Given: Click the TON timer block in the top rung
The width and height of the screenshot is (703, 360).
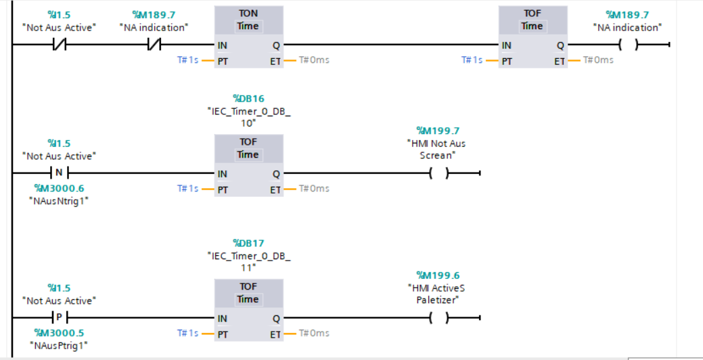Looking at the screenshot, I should tap(248, 37).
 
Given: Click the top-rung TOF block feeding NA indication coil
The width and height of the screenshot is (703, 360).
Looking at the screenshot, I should tap(532, 37).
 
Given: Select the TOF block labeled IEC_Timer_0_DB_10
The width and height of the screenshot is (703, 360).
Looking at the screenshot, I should tap(248, 166).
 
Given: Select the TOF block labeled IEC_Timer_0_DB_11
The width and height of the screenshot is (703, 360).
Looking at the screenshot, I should tap(248, 311).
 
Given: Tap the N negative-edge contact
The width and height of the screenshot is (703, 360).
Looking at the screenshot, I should tap(60, 173).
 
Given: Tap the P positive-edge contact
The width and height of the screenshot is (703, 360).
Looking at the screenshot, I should tap(60, 318).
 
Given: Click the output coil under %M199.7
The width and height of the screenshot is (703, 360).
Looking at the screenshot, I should tap(440, 174).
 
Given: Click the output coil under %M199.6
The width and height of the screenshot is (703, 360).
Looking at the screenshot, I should tap(440, 318).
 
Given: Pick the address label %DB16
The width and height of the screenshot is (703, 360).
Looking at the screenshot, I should tap(248, 99).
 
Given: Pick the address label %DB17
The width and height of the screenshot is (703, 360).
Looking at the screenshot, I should tap(248, 243).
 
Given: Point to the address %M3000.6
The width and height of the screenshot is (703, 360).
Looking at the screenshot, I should tap(60, 188).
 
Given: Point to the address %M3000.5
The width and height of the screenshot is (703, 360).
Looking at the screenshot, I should tap(60, 333).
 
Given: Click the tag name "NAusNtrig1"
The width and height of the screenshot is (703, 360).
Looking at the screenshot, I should tap(59, 201).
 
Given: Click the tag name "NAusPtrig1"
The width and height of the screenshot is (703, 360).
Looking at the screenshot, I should tap(59, 346).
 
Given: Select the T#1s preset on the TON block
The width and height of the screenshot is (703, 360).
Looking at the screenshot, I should tap(187, 60).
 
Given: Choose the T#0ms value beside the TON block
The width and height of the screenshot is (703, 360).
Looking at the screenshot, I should tap(315, 60).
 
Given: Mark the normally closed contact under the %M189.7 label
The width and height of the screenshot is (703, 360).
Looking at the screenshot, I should tap(154, 45).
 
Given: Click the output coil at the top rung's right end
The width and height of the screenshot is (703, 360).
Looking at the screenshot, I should tap(629, 45).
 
